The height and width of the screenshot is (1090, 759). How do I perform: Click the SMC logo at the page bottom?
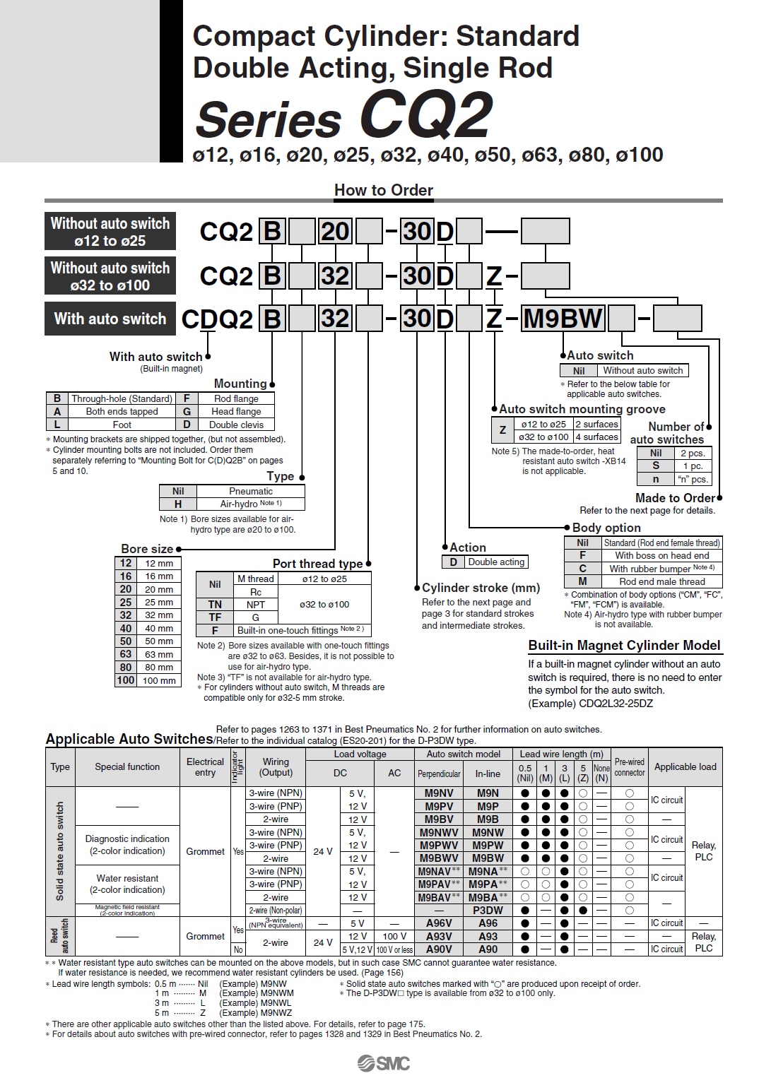click(383, 1063)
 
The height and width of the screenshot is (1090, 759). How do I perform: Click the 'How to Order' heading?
click(383, 190)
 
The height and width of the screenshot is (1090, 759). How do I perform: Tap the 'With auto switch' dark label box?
click(110, 319)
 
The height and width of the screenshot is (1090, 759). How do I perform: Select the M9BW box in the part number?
click(563, 319)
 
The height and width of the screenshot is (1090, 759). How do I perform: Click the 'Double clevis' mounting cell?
click(236, 425)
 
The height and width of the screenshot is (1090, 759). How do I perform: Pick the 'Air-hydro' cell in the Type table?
click(250, 504)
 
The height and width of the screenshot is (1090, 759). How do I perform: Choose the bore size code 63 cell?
click(125, 654)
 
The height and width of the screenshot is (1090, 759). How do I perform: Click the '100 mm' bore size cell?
click(159, 680)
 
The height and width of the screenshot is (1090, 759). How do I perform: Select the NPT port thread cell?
click(256, 605)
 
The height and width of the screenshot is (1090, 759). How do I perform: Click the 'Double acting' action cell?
click(496, 562)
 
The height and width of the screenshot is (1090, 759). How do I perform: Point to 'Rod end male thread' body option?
click(661, 581)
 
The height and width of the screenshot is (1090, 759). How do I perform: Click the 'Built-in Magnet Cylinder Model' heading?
click(624, 645)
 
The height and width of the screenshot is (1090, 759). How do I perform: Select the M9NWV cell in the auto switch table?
click(439, 832)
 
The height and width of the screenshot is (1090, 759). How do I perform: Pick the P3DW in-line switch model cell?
click(488, 911)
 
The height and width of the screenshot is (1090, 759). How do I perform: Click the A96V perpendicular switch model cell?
click(439, 923)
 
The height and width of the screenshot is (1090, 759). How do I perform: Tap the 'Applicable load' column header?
click(685, 766)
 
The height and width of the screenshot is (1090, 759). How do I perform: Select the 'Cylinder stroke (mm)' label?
click(481, 588)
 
